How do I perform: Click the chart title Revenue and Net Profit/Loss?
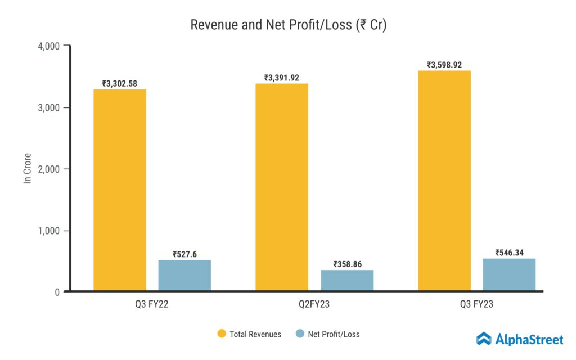tap(288, 25)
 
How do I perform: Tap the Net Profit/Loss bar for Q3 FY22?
tap(184, 275)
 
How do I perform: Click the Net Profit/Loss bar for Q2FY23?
tap(347, 280)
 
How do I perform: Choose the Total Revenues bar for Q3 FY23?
tap(444, 181)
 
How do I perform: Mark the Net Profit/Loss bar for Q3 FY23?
tap(509, 274)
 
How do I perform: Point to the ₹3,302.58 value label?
tap(120, 83)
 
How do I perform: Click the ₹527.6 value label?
tap(184, 254)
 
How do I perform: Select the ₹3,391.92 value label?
tap(282, 78)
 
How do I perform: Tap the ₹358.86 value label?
tap(347, 264)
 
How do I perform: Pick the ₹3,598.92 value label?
tap(444, 65)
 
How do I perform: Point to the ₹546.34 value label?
tap(509, 253)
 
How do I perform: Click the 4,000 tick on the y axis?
tap(48, 46)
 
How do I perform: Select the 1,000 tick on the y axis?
tap(48, 231)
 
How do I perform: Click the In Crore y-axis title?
tap(27, 168)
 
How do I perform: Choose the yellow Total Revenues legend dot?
tap(221, 334)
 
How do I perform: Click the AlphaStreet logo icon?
tap(484, 339)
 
